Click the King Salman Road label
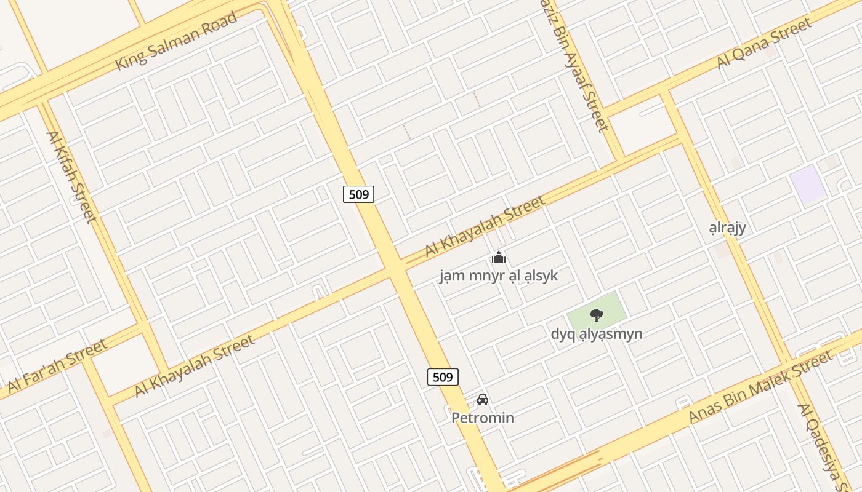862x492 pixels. point(176,41)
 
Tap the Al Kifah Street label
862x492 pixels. point(71,177)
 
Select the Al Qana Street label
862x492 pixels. point(764,44)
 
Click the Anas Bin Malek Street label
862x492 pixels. point(761,386)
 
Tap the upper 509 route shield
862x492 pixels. point(358,194)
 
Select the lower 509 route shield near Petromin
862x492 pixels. point(443,377)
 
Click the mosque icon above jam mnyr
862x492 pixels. point(499,257)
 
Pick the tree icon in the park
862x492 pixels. point(596,315)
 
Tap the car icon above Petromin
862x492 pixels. point(483,400)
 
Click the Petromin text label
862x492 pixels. point(483,418)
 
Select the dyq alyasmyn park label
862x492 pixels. point(597,334)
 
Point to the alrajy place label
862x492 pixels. point(727,228)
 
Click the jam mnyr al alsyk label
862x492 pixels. point(499,276)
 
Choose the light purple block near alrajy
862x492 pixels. point(808,184)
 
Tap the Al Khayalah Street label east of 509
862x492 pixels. point(485,226)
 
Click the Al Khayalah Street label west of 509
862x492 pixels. point(194,366)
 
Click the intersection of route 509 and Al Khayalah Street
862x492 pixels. point(395,268)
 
